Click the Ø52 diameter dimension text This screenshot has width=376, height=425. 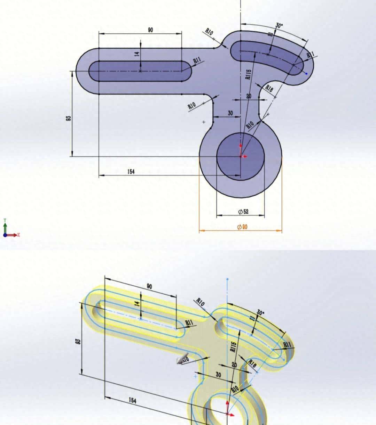click(243, 212)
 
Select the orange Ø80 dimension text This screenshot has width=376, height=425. click(242, 227)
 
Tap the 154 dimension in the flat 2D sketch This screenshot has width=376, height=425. click(131, 172)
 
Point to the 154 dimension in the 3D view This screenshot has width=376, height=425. click(133, 400)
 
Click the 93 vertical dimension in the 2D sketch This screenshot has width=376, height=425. click(69, 118)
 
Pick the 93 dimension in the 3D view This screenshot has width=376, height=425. click(78, 342)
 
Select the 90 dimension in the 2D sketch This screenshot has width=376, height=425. click(150, 30)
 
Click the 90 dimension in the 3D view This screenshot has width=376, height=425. click(149, 287)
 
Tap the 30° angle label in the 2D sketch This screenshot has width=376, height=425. click(280, 25)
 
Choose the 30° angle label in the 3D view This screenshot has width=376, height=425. click(260, 312)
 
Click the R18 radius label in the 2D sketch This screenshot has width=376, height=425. click(269, 88)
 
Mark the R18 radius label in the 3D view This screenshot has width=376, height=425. click(252, 364)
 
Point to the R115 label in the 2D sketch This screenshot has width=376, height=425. click(248, 74)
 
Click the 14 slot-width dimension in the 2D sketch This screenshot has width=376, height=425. click(137, 54)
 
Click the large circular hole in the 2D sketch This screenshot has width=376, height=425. click(240, 156)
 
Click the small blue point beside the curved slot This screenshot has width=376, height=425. click(306, 73)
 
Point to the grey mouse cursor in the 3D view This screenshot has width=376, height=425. click(180, 361)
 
